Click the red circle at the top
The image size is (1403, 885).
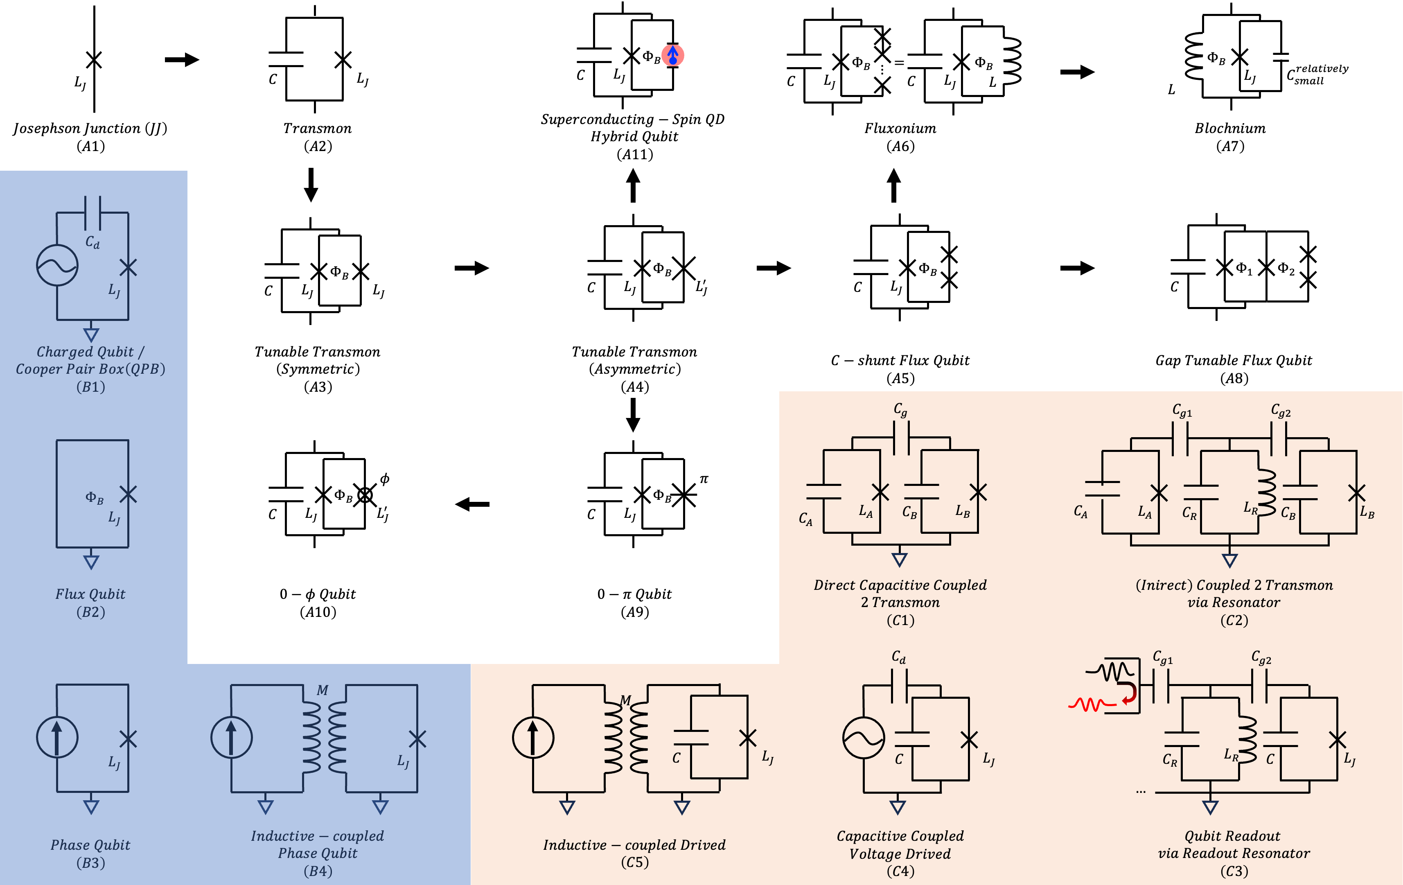(672, 55)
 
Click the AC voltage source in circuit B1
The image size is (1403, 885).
(57, 266)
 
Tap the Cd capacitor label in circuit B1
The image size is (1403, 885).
(92, 242)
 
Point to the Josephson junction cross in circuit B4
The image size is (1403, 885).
(417, 739)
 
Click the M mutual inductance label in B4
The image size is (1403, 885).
(322, 691)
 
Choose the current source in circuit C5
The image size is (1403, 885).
(532, 738)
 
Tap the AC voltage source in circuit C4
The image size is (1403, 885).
(864, 738)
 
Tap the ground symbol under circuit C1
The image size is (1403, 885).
(900, 559)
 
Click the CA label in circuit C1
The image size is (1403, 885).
(805, 519)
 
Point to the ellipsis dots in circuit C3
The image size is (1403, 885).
(1140, 791)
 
